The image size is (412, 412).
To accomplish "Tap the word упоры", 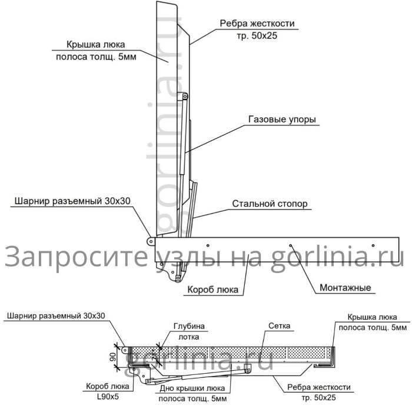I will click(303, 119).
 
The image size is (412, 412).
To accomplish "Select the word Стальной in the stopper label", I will click(251, 204).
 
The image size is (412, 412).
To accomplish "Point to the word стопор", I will click(292, 204).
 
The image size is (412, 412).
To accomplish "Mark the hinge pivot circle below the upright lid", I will click(151, 240).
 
